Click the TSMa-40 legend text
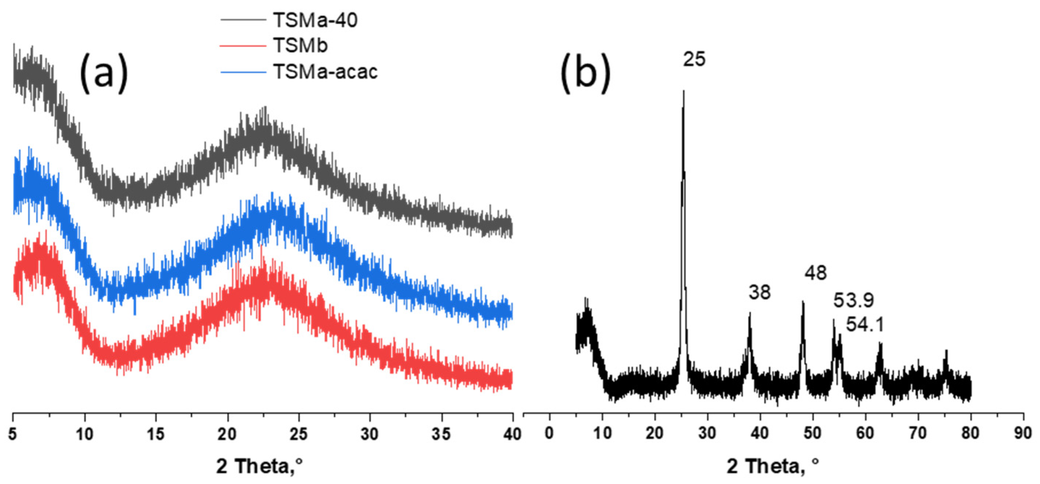pos(315,20)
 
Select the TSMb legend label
pos(300,45)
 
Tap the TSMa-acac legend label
pos(326,72)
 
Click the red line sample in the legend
pos(243,45)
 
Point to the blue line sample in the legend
pos(243,72)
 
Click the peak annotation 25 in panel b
pos(694,59)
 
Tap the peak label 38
pos(760,292)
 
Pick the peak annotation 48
pos(816,273)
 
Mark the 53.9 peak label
pos(853,300)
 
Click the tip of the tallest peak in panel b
pos(684,91)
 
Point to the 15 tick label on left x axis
pos(155,434)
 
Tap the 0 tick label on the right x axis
pos(549,433)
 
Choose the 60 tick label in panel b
pos(865,433)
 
